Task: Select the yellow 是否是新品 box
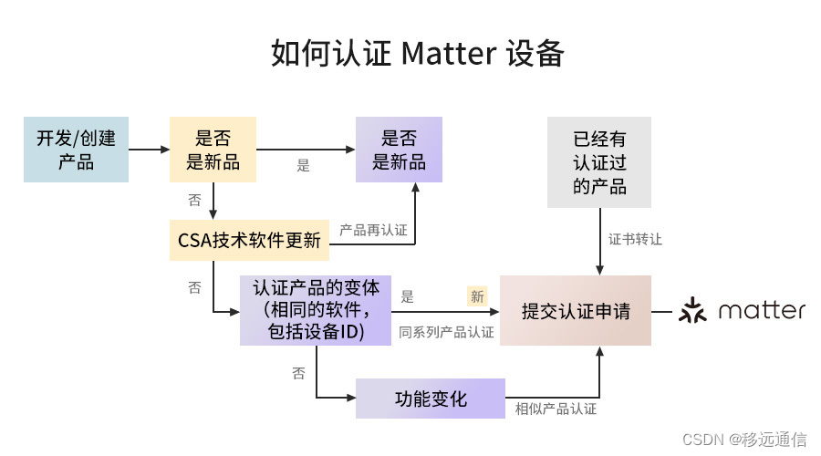click(213, 150)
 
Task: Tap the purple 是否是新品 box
click(399, 150)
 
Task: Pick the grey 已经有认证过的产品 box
click(599, 162)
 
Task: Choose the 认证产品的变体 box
click(316, 310)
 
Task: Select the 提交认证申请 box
click(575, 310)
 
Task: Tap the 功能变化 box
click(430, 399)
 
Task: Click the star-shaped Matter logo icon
click(693, 310)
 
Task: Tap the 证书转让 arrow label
click(635, 240)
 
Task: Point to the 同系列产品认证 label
click(446, 332)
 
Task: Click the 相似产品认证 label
click(556, 409)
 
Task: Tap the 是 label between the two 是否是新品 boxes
click(304, 166)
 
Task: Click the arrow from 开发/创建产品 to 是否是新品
click(149, 150)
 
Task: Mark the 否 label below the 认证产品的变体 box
click(298, 374)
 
